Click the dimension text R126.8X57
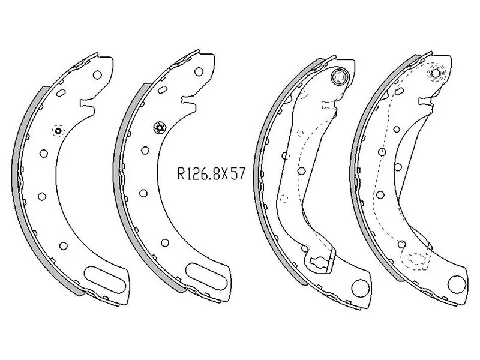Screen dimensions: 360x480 212,174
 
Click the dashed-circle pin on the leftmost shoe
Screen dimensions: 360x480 58,131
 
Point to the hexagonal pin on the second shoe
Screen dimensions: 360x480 160,127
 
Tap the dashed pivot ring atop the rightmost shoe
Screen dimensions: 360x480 436,75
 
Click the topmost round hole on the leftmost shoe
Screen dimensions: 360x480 98,76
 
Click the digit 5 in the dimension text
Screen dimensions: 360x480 233,174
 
